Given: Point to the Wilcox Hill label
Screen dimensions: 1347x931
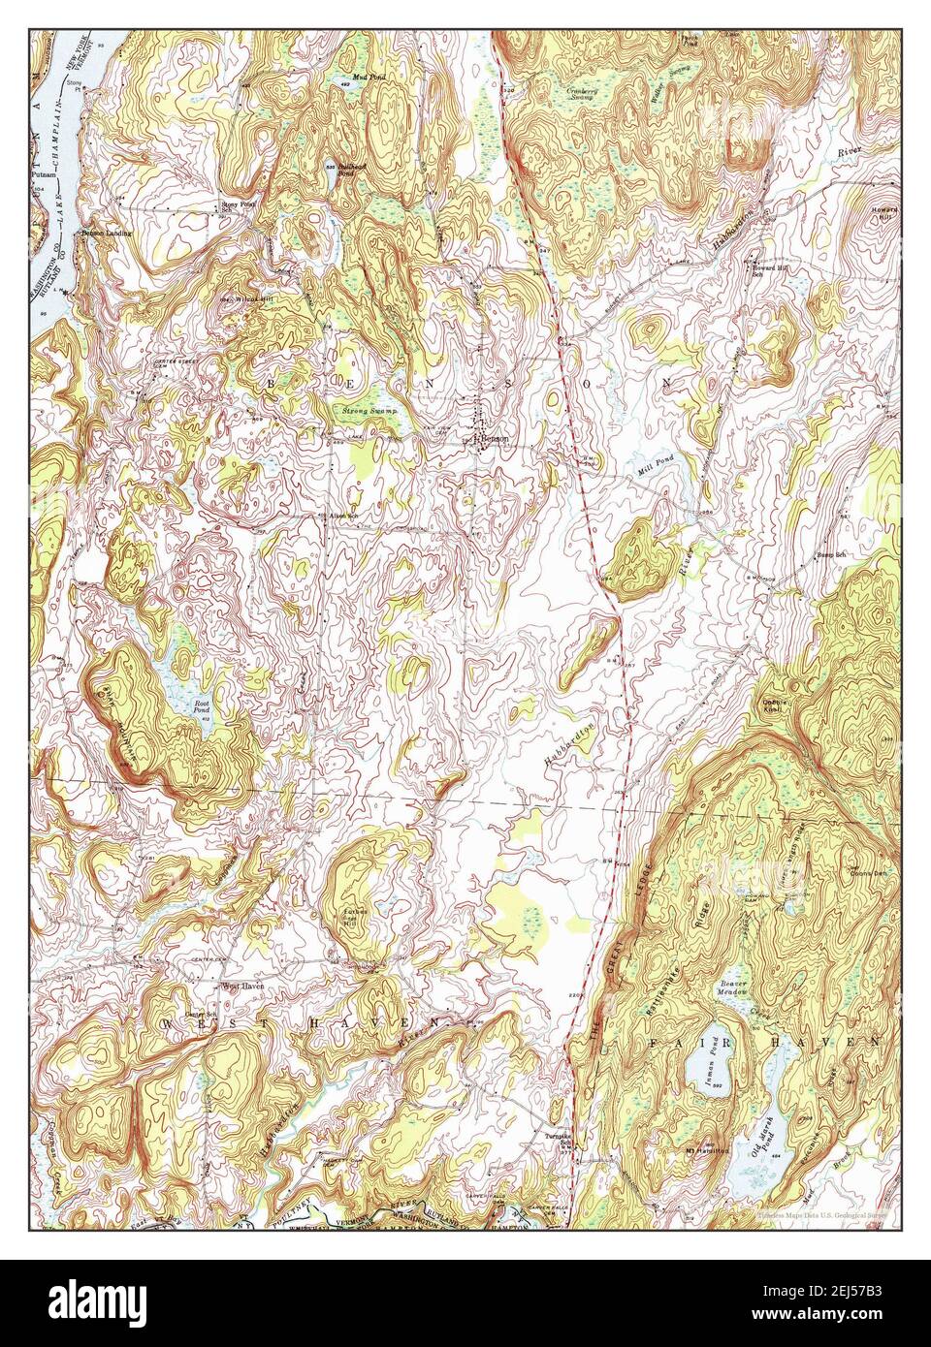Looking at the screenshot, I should pyautogui.click(x=242, y=298).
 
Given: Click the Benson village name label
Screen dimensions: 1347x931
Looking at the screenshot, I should pyautogui.click(x=496, y=440).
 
